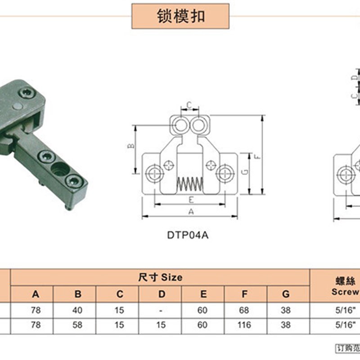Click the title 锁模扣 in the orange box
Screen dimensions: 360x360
(x=181, y=16)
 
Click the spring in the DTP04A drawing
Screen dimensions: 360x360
(x=190, y=184)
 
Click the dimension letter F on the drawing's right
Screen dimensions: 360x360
(x=256, y=157)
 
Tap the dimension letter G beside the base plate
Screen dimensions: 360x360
(x=244, y=172)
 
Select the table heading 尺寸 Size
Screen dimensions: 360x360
(x=161, y=277)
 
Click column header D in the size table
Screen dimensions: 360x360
(x=162, y=295)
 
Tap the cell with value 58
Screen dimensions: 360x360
(x=78, y=325)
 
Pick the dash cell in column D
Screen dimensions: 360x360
(x=162, y=310)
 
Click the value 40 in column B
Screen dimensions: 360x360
(x=78, y=310)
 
